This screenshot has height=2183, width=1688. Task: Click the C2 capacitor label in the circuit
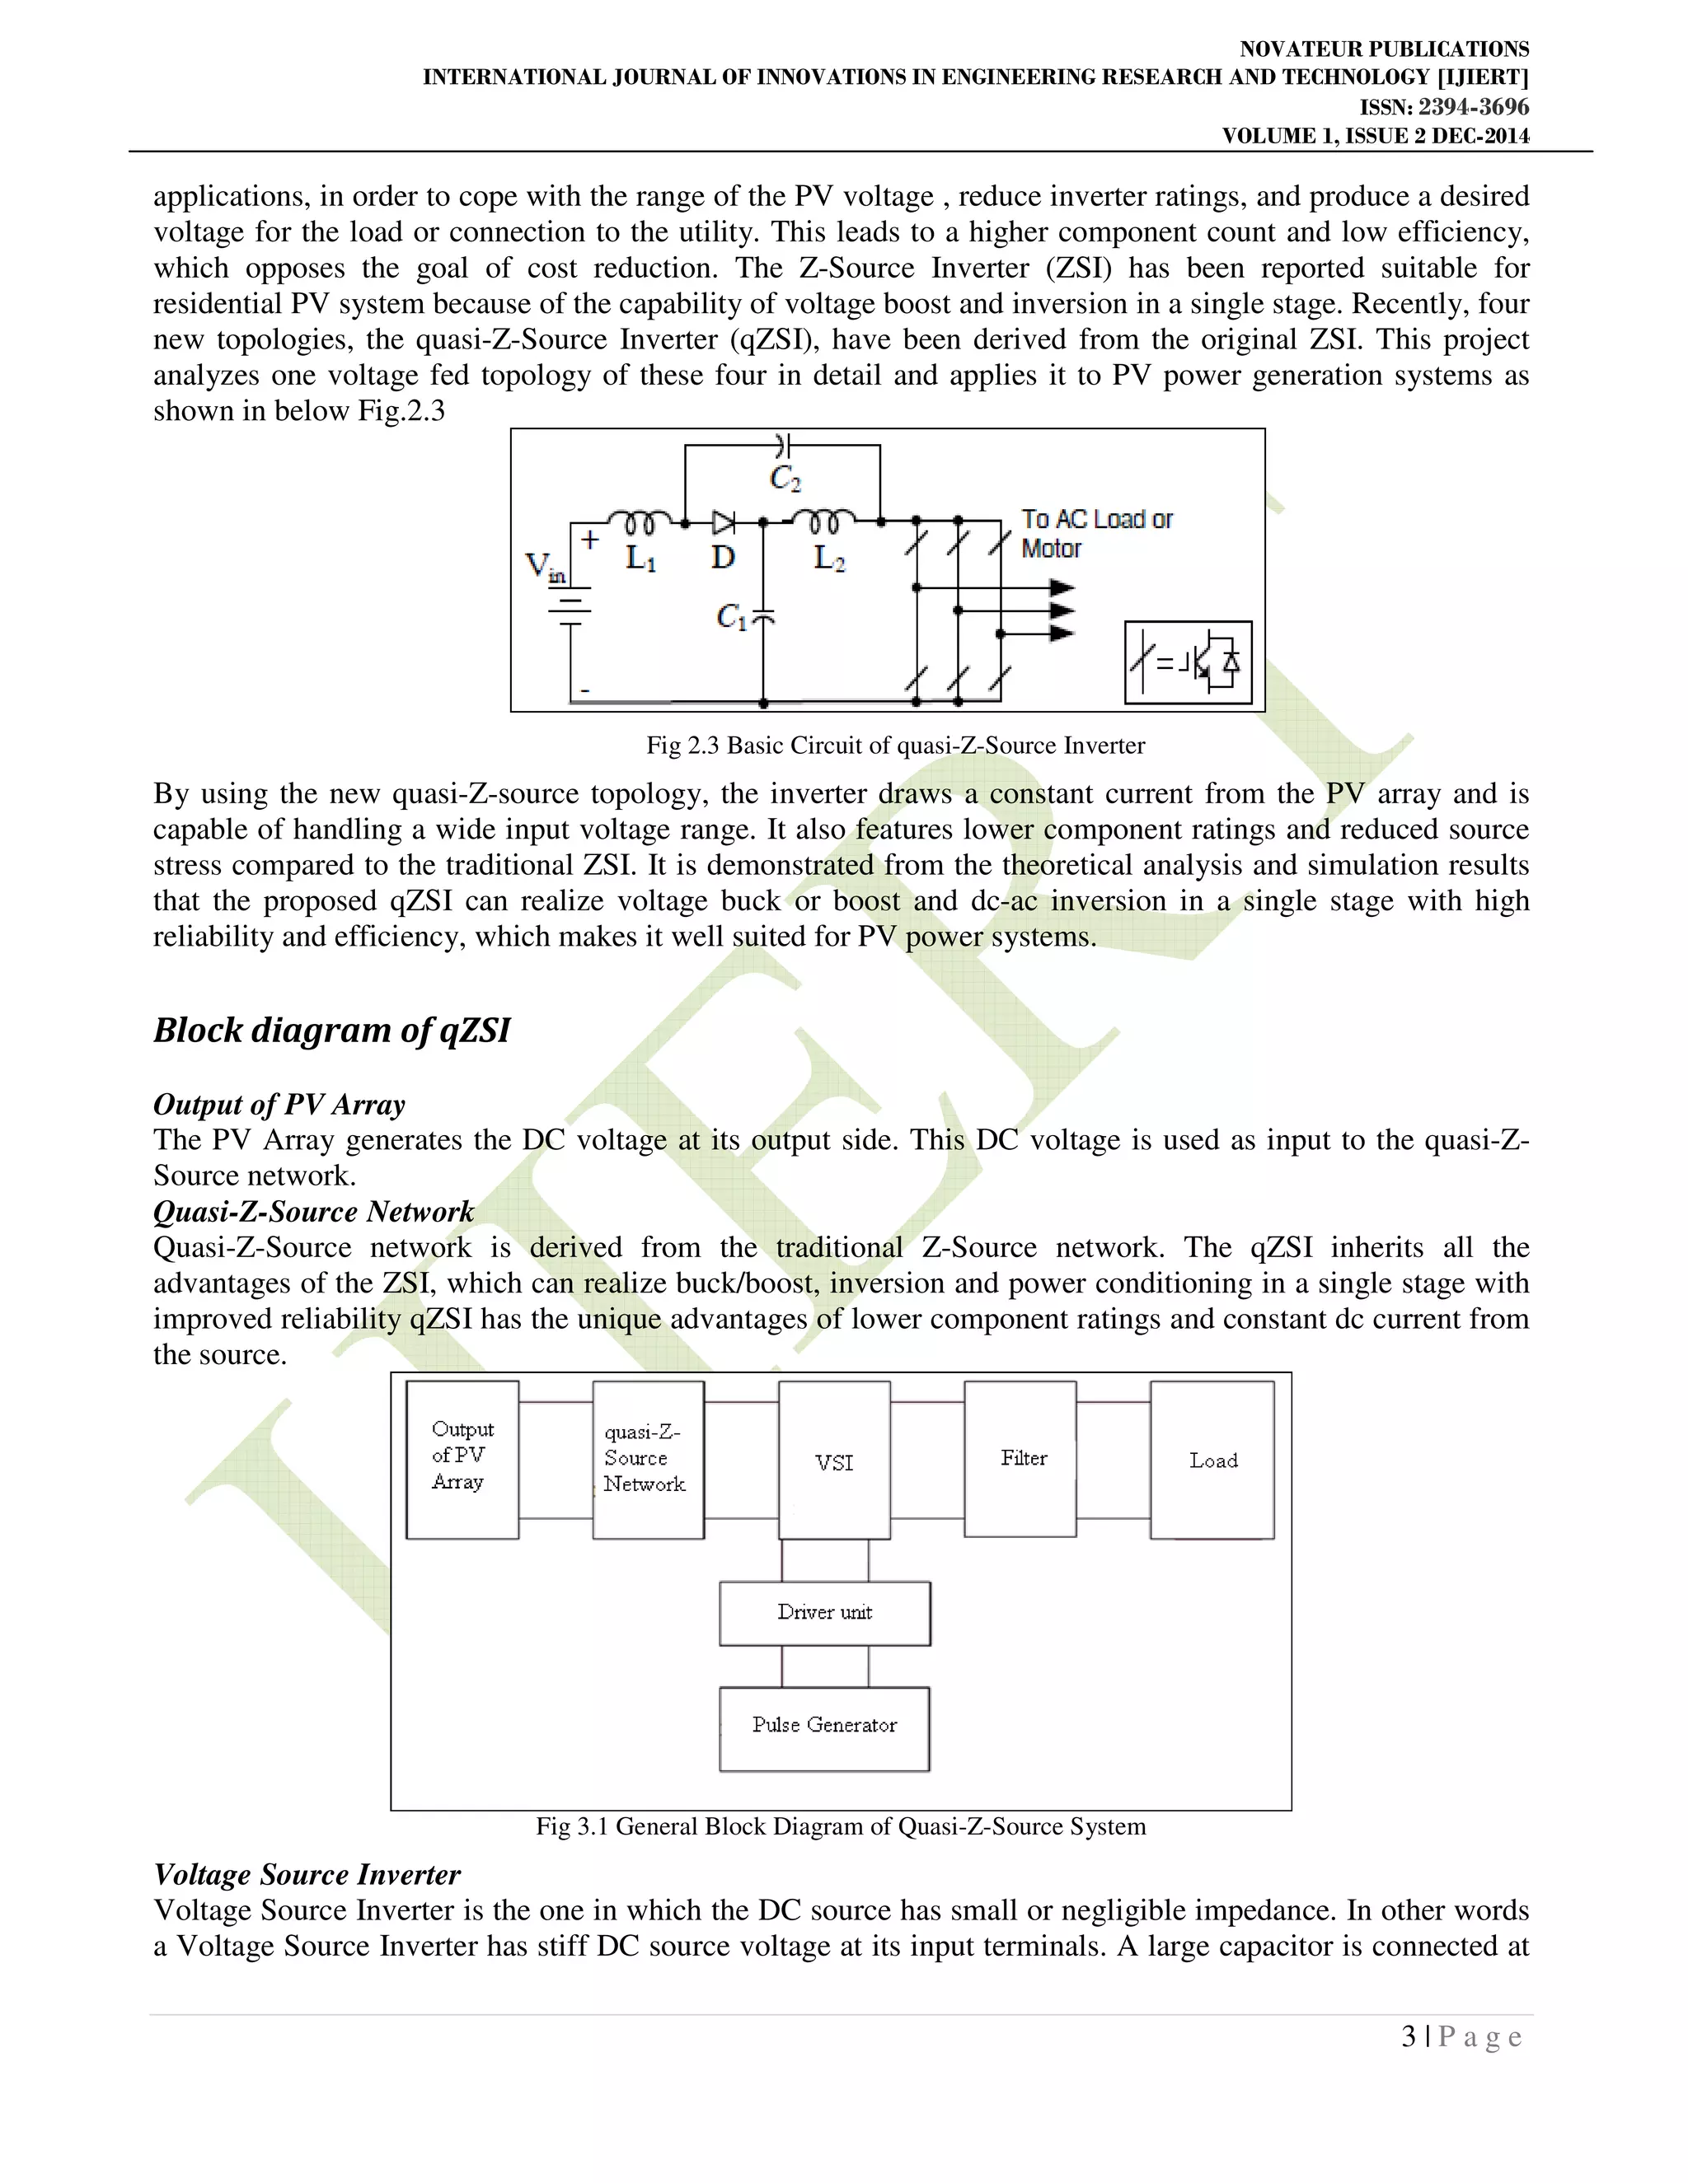click(x=785, y=479)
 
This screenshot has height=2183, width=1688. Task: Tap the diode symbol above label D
click(x=723, y=521)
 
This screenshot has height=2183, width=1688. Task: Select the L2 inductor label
click(x=829, y=559)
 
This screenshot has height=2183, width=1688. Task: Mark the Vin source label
click(x=545, y=568)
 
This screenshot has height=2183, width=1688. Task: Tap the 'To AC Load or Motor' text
click(x=1096, y=534)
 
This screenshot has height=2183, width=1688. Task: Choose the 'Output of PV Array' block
click(x=462, y=1460)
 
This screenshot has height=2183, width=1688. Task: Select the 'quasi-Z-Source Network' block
click(x=647, y=1460)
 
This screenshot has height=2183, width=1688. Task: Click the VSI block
click(x=834, y=1461)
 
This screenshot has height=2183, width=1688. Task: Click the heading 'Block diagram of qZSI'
click(x=331, y=1031)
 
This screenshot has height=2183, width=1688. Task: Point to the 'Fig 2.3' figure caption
click(x=895, y=746)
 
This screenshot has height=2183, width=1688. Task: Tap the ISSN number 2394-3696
click(x=1473, y=107)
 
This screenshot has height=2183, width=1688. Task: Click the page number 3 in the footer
click(x=1408, y=2037)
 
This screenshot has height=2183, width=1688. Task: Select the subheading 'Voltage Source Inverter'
click(x=307, y=1875)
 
